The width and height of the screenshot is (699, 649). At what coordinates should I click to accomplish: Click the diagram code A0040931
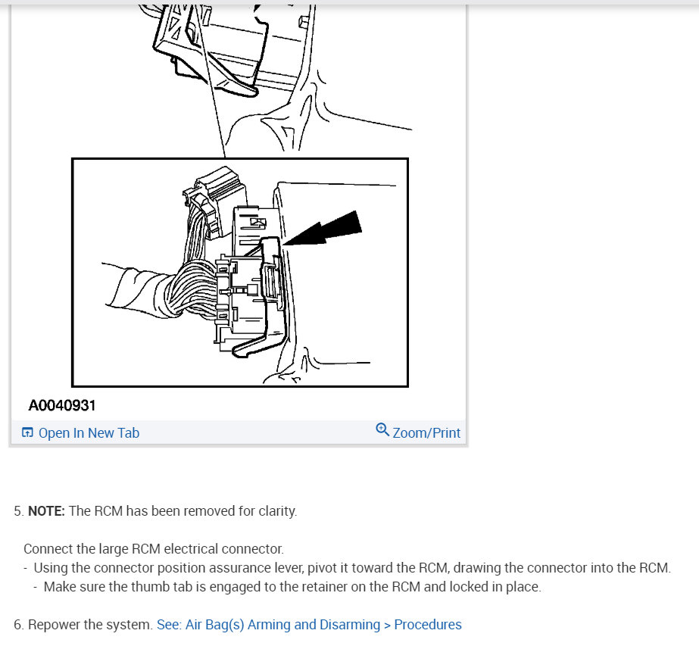pyautogui.click(x=62, y=406)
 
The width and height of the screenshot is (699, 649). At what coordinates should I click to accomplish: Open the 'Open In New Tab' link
pyautogui.click(x=89, y=433)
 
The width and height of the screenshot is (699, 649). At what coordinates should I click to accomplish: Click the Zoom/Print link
pyautogui.click(x=426, y=433)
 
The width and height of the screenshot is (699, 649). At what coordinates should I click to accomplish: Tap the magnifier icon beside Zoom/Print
pyautogui.click(x=382, y=430)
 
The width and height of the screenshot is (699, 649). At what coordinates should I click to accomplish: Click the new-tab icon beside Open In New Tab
pyautogui.click(x=28, y=433)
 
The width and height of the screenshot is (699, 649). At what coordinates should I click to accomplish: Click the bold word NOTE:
pyautogui.click(x=47, y=511)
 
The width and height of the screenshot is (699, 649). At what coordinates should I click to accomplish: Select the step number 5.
pyautogui.click(x=18, y=511)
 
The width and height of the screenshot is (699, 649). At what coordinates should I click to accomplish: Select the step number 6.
pyautogui.click(x=18, y=625)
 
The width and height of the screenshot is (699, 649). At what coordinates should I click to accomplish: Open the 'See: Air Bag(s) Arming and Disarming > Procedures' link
pyautogui.click(x=308, y=625)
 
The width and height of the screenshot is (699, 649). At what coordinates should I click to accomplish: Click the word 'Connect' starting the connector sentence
pyautogui.click(x=46, y=549)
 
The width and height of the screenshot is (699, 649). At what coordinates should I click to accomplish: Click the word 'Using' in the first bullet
pyautogui.click(x=50, y=568)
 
